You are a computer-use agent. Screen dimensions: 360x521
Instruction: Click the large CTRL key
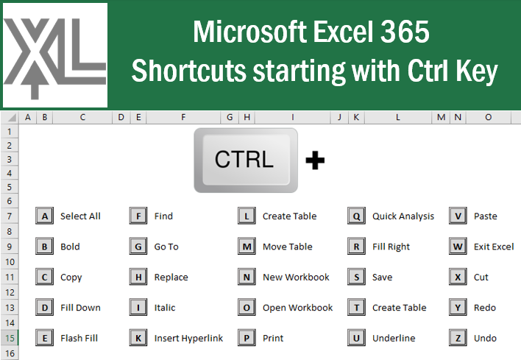[x=245, y=160]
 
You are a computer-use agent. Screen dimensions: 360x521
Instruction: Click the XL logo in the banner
[x=55, y=55]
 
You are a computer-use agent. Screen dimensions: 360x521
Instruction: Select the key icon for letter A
[x=45, y=216]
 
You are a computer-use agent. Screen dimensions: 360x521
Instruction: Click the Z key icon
[x=458, y=338]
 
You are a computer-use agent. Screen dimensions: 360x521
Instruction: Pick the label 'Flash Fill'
[x=79, y=339]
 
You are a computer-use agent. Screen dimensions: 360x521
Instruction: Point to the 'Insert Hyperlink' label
[x=188, y=339]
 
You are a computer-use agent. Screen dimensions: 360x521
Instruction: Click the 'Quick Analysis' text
[x=403, y=216]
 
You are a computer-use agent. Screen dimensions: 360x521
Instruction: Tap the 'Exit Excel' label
[x=494, y=247]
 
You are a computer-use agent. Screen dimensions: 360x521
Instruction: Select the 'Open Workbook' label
[x=297, y=308]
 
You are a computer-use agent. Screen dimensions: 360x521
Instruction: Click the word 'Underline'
[x=394, y=339]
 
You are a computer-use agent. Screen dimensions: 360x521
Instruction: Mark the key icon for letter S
[x=357, y=278]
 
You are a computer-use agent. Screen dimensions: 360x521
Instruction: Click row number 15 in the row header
[x=10, y=338]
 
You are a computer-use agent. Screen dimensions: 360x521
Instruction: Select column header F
[x=182, y=117]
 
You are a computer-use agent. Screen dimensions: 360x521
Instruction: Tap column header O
[x=489, y=117]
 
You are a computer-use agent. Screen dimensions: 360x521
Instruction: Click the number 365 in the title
[x=405, y=33]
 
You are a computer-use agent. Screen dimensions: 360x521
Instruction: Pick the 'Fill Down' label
[x=80, y=308]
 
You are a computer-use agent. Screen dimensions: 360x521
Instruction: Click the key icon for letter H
[x=138, y=278]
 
